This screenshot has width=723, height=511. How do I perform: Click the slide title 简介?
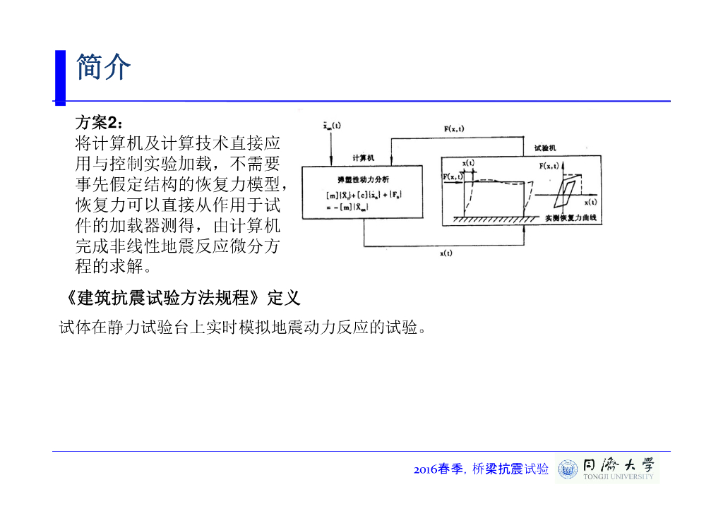(x=103, y=67)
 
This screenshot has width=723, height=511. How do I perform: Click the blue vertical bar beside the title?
(x=60, y=77)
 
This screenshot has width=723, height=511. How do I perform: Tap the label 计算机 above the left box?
(x=363, y=158)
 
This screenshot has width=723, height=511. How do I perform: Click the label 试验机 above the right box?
(x=544, y=148)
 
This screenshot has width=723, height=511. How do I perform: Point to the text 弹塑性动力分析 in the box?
(x=363, y=179)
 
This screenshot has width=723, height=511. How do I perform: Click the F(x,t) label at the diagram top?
(x=454, y=129)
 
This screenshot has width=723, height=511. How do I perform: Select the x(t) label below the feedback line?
(x=446, y=253)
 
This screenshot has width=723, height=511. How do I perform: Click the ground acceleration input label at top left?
(x=332, y=126)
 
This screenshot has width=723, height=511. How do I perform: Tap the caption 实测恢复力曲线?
(x=570, y=219)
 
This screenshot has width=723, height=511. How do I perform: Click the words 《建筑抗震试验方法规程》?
(x=161, y=298)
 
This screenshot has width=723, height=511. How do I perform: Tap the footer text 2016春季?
(x=438, y=469)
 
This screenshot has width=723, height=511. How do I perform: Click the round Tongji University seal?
(x=567, y=469)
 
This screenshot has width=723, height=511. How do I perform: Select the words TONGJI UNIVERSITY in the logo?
(x=619, y=477)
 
